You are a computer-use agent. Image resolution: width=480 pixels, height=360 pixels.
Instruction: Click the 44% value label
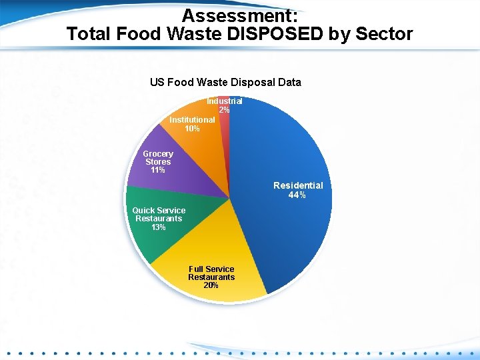tap(297, 195)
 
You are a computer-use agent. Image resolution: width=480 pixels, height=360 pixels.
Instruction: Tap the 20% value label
tap(211, 285)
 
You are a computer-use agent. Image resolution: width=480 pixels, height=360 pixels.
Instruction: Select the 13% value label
tap(159, 227)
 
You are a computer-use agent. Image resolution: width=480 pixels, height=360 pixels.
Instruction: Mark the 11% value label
tap(158, 171)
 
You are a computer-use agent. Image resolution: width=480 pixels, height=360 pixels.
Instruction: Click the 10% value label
tap(192, 129)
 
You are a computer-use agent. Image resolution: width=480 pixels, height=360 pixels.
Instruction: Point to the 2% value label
tap(224, 109)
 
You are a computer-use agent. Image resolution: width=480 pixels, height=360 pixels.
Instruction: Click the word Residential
tap(298, 185)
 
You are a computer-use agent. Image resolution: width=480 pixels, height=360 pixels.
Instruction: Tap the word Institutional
tap(192, 120)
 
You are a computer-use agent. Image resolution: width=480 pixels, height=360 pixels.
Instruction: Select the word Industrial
tap(224, 101)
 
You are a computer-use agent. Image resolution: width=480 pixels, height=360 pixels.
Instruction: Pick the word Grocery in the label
tap(158, 154)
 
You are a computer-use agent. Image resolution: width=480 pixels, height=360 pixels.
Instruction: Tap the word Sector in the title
tap(383, 33)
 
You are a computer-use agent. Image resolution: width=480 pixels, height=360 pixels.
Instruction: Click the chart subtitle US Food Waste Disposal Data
tap(225, 83)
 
